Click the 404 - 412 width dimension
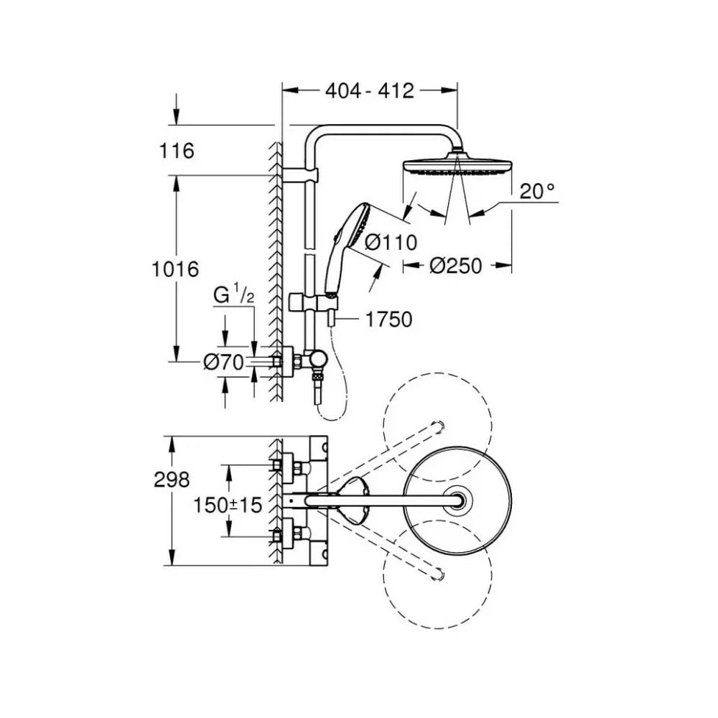[x=370, y=90]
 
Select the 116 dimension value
[x=177, y=151]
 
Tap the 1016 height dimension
[x=175, y=269]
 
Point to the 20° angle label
[x=537, y=191]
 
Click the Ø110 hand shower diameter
[x=391, y=242]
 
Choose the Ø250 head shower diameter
[x=456, y=266]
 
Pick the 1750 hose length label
[x=389, y=320]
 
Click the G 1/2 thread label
[x=233, y=294]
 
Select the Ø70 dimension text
[x=223, y=363]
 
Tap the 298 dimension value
[x=172, y=480]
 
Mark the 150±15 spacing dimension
[x=228, y=505]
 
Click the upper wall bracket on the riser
[x=299, y=175]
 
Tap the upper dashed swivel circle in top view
[x=438, y=426]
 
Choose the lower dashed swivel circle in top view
[x=438, y=575]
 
